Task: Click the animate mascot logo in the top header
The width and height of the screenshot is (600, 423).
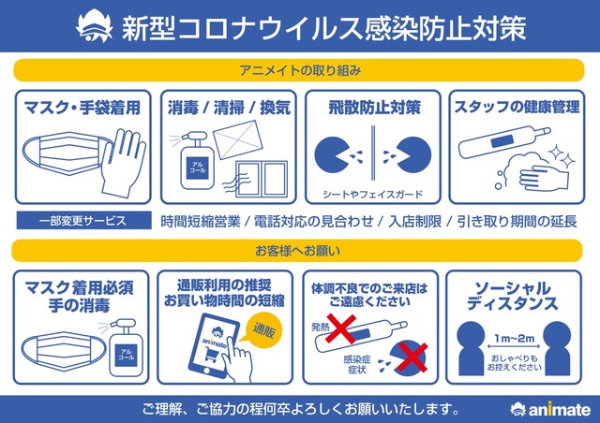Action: (x=95, y=27)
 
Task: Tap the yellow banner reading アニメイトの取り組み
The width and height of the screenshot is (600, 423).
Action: (x=299, y=70)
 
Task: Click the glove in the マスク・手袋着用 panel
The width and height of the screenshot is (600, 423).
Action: (x=123, y=163)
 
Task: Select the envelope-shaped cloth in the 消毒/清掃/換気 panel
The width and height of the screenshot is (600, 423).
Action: (x=237, y=139)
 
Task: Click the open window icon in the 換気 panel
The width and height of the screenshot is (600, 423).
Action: (x=262, y=179)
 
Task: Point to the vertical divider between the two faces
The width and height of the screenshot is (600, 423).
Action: (x=373, y=153)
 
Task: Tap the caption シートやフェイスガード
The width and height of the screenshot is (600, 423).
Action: (x=373, y=194)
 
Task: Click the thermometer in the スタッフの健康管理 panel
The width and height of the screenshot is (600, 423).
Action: (x=505, y=142)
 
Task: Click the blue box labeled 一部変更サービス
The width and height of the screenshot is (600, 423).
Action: (x=83, y=221)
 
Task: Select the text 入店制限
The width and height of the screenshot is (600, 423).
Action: (x=414, y=221)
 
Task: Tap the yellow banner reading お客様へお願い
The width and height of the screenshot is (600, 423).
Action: (x=297, y=251)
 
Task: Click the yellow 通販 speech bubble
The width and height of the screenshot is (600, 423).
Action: (x=263, y=329)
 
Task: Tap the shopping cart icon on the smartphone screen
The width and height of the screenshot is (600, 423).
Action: (x=212, y=355)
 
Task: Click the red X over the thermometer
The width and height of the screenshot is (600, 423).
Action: (x=340, y=328)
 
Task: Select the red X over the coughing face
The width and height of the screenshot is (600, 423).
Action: (x=412, y=357)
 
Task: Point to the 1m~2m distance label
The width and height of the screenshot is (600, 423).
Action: (x=514, y=338)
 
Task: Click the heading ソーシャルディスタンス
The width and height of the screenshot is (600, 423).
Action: (x=513, y=296)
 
